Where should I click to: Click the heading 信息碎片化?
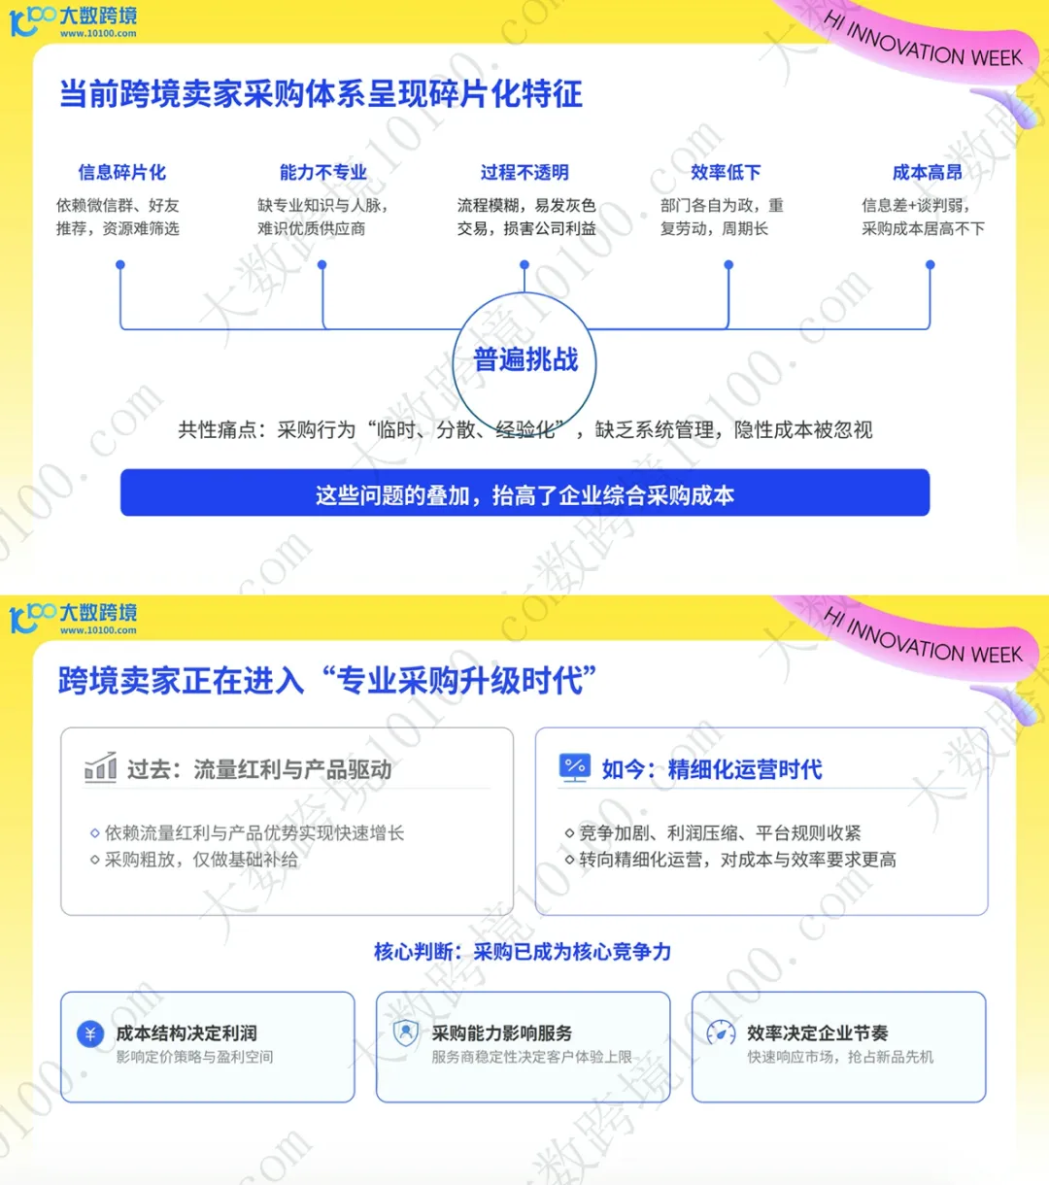121,173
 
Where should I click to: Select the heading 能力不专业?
322,173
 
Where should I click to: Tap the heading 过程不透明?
524,173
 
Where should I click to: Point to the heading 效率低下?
726,173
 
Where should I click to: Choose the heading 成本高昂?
927,173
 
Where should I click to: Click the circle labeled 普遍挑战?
524,360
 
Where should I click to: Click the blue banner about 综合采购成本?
524,494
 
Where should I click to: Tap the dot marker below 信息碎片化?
120,264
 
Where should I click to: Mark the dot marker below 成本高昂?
930,264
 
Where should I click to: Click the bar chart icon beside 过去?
100,768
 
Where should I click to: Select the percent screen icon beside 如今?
575,767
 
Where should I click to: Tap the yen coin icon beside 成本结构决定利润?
90,1034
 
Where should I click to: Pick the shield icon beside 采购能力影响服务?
405,1033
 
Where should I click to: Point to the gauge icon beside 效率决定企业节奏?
721,1033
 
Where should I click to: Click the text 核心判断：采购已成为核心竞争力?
523,952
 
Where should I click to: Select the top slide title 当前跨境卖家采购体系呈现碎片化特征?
321,94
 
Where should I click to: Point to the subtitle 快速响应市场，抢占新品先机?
840,1057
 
